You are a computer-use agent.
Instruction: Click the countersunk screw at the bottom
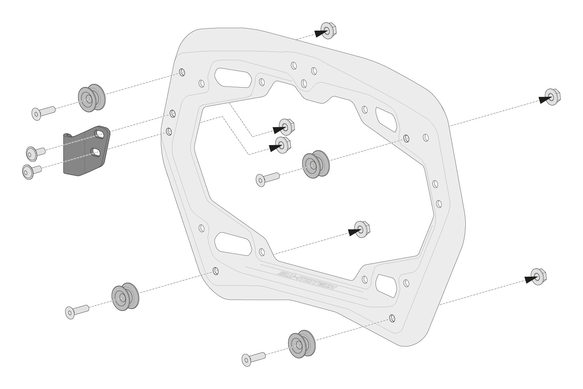click(254, 358)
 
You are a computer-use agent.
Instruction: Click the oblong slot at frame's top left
click(233, 77)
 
